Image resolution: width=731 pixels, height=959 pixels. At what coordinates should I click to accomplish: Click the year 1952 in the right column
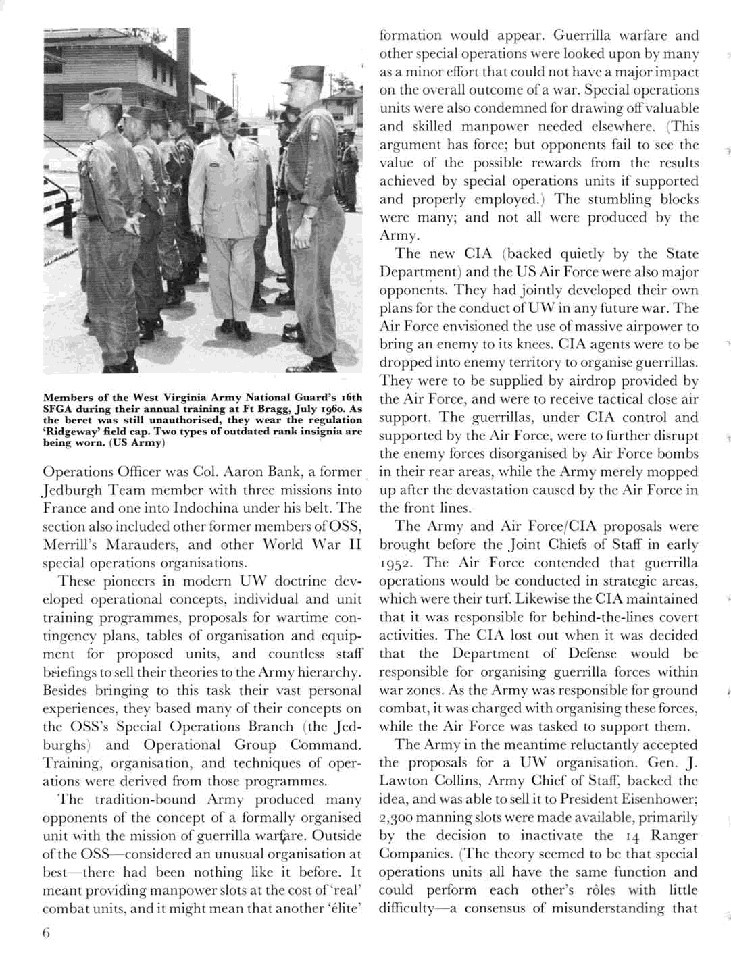click(395, 563)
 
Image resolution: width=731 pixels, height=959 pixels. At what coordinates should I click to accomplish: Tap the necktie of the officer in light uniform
click(231, 151)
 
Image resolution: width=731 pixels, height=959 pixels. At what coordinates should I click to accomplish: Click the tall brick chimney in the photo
click(183, 65)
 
